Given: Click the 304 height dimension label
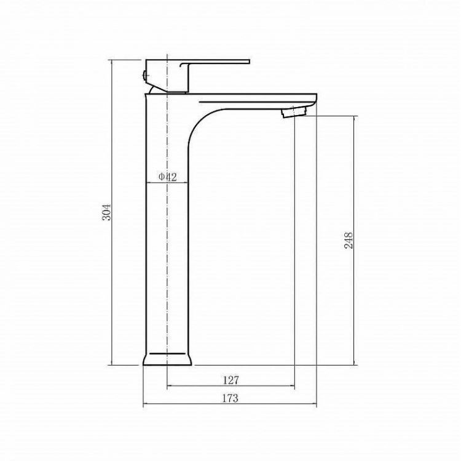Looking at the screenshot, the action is coord(107,212).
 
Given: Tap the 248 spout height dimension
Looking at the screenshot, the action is coord(349,241).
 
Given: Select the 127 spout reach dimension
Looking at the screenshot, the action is coord(230,380).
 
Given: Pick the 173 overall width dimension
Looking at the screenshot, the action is coord(230,398).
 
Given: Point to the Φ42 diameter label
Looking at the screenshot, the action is coord(168,177).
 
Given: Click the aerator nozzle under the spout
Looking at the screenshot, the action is coord(294,112).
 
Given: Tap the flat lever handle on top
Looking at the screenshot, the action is coord(215,62).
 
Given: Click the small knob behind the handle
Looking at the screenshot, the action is coord(144,76).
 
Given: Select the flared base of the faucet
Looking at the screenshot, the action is coord(167,359).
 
